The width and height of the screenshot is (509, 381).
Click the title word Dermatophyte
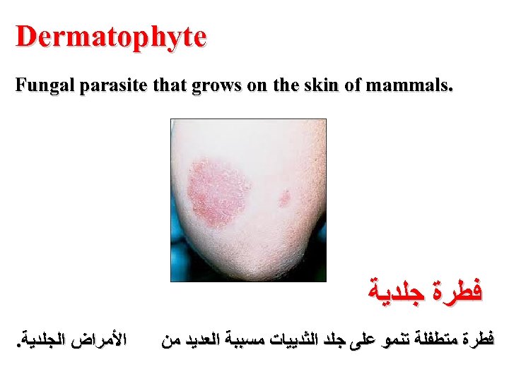(111, 37)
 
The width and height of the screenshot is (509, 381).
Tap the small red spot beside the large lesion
(284, 198)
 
